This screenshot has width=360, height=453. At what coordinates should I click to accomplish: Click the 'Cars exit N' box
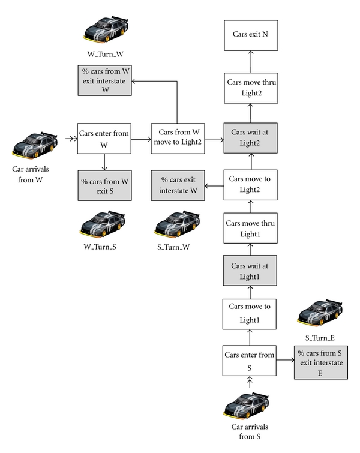(250, 34)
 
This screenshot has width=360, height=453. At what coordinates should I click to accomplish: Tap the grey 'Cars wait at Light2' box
(250, 137)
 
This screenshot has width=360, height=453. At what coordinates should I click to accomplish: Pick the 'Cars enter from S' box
(250, 361)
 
